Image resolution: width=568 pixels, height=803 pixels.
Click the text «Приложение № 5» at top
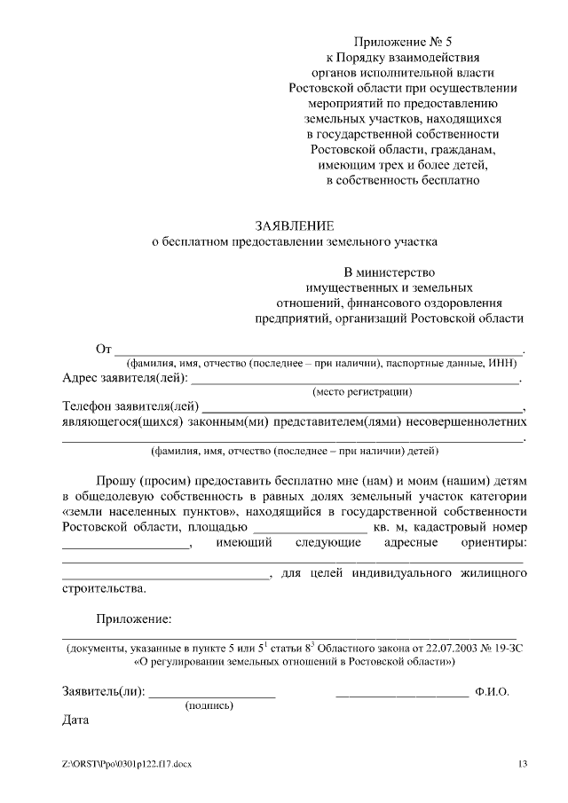point(403,43)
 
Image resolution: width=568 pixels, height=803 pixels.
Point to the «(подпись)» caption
point(209,706)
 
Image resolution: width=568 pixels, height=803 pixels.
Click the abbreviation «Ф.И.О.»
point(492,691)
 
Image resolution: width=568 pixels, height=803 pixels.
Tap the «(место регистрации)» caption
point(362,391)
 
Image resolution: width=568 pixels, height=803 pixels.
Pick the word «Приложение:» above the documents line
point(134,618)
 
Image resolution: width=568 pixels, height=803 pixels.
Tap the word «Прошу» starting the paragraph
point(116,480)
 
